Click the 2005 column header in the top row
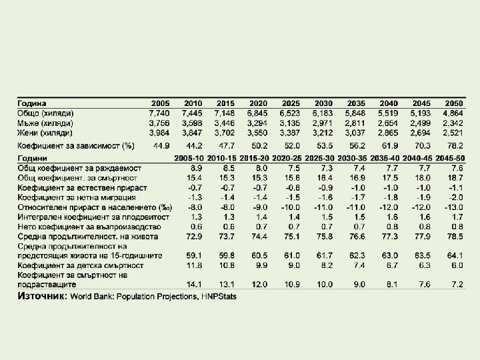[x=161, y=103]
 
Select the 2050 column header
[x=453, y=103]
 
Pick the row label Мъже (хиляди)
[x=45, y=123]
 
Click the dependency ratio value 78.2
[x=455, y=145]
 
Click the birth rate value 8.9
[x=196, y=168]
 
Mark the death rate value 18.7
[x=455, y=178]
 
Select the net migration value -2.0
[x=456, y=197]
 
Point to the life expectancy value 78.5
[x=455, y=236]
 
